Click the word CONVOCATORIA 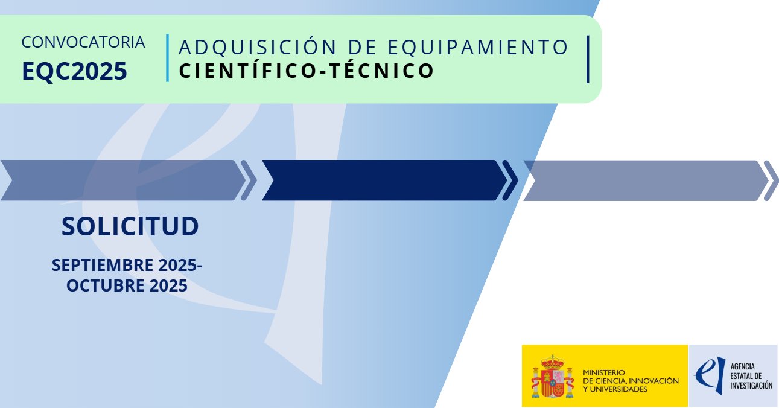[83, 42]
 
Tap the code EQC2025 [74, 71]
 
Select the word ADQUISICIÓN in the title [258, 46]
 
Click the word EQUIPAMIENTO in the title [478, 47]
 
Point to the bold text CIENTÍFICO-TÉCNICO [307, 70]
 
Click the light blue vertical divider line [168, 58]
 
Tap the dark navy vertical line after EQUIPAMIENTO [588, 59]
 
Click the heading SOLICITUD [130, 226]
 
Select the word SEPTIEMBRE [103, 266]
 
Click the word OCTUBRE [106, 285]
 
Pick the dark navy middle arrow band [384, 180]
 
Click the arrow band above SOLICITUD [124, 180]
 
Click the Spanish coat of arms [553, 377]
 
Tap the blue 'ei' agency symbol [710, 375]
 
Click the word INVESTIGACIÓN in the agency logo [751, 386]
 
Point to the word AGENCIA [742, 366]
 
